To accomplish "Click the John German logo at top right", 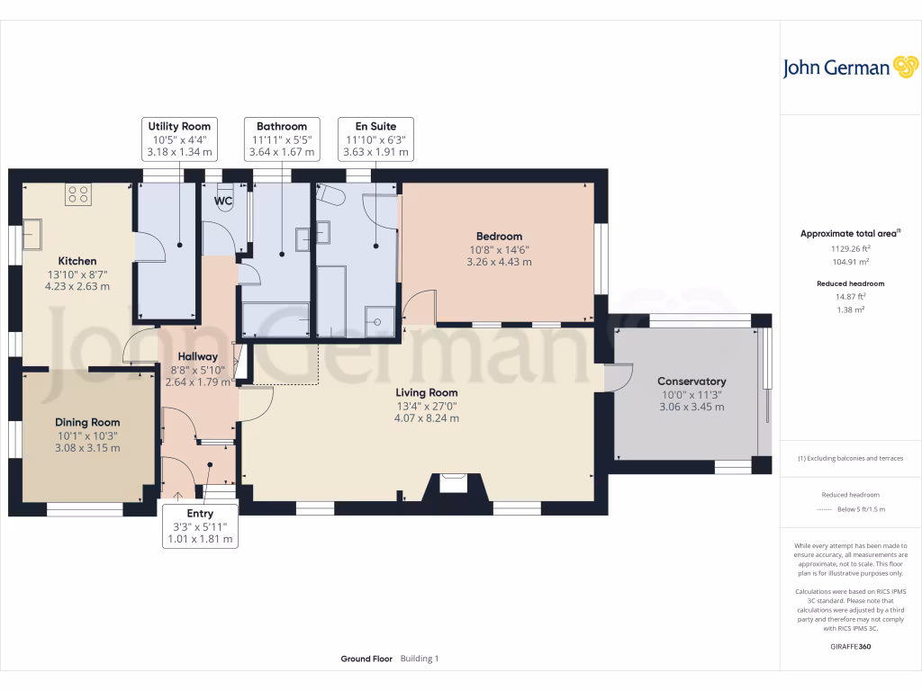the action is point(850,67).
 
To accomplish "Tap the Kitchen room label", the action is point(77,261).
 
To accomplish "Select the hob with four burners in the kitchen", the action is point(78,194).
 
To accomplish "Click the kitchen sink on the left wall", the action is point(32,235).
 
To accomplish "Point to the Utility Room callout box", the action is point(179,139).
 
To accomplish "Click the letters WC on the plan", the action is point(223,201).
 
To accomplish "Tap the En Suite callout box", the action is point(375,139).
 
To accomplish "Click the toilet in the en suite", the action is point(330,194).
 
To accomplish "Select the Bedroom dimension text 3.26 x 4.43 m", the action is point(499,262).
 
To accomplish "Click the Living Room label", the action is point(426,392).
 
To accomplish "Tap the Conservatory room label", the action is point(691,381).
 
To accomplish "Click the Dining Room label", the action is point(87,423).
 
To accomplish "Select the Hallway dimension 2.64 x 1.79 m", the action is point(197,381).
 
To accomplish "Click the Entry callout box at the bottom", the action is point(200,525).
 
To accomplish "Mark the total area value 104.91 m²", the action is point(850,262).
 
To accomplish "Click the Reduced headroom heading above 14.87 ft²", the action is point(850,283).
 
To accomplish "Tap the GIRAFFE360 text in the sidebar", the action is point(850,646).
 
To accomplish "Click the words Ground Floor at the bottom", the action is point(366,659).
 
